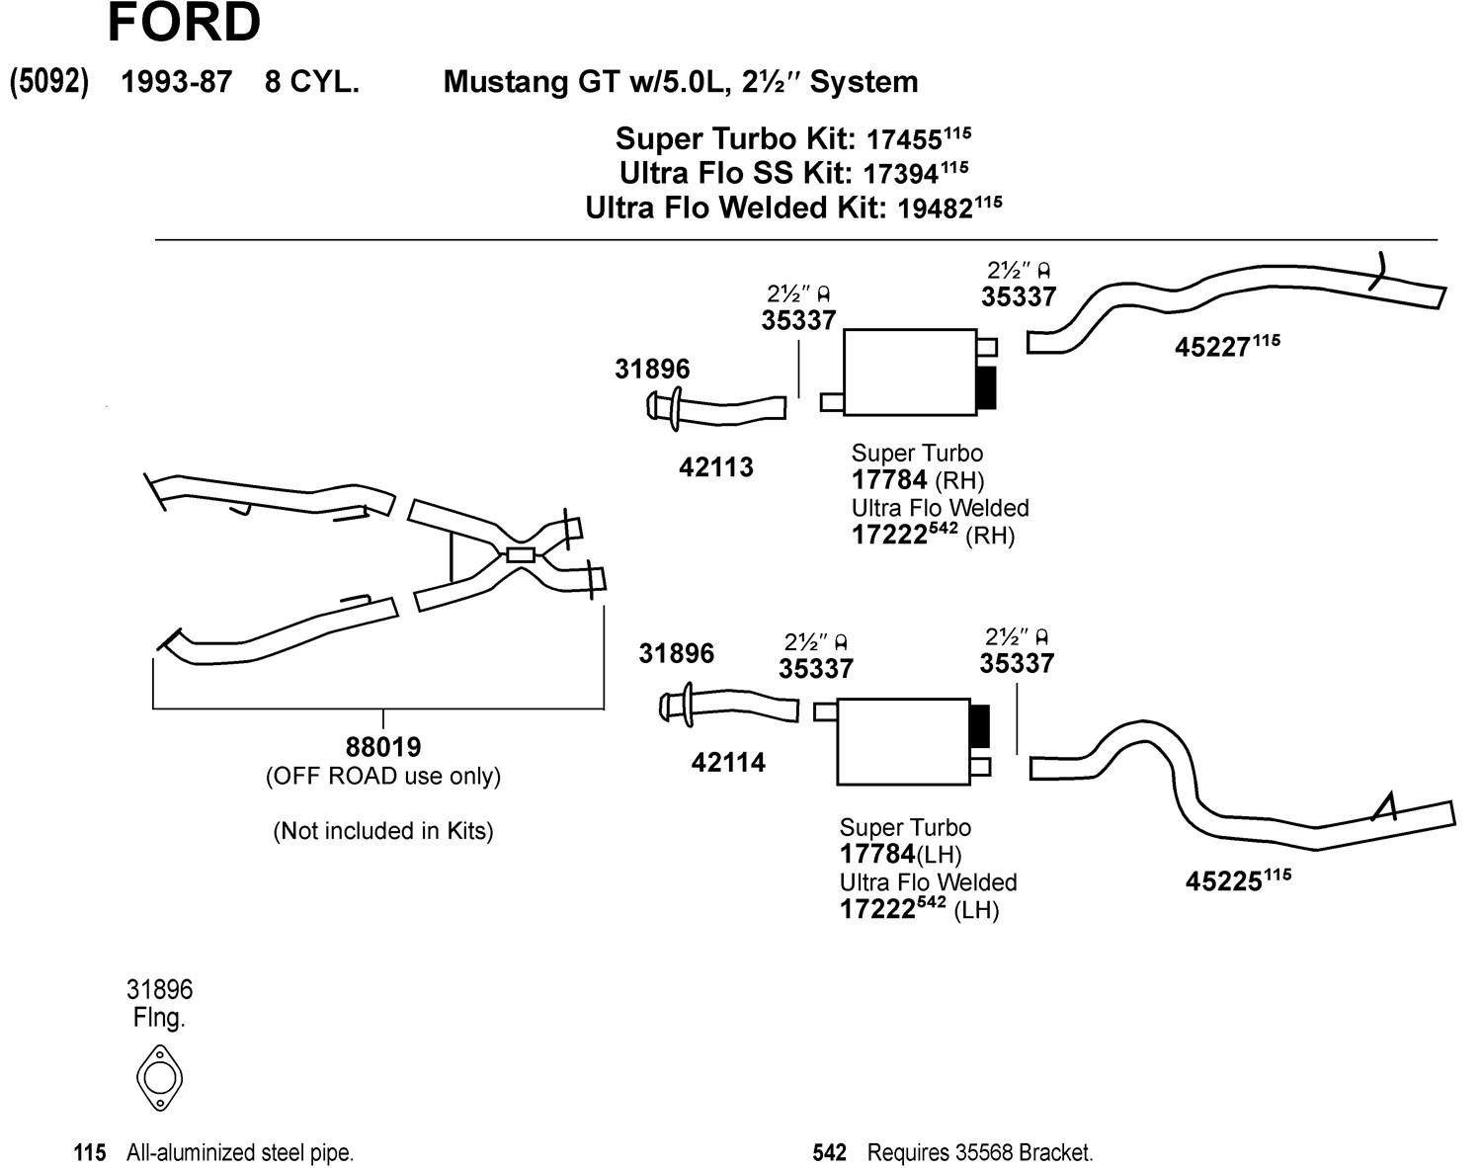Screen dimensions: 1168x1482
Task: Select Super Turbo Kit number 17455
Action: (903, 139)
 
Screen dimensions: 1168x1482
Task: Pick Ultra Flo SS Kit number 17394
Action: (900, 174)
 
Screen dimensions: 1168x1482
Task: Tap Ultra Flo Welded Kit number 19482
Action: (934, 209)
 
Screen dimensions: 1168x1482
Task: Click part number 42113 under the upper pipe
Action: (715, 467)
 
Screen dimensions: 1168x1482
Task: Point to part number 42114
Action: (728, 763)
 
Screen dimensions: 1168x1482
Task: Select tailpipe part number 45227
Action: (1213, 348)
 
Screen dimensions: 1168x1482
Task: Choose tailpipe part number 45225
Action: (1224, 881)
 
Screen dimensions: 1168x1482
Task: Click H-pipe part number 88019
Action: (382, 747)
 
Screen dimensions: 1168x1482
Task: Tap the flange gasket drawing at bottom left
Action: (159, 1076)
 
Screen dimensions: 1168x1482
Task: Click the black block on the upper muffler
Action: (986, 386)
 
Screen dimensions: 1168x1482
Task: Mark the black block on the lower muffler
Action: (979, 727)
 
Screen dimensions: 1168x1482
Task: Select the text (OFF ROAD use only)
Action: (382, 777)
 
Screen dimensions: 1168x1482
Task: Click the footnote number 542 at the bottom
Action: (829, 1152)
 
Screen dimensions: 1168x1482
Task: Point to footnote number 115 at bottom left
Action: (89, 1152)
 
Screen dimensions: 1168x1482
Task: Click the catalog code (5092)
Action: (48, 81)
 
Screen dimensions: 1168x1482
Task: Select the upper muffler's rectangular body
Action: (909, 373)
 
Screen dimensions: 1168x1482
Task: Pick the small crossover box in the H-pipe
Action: (521, 554)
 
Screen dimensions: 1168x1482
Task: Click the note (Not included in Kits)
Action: (382, 831)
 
